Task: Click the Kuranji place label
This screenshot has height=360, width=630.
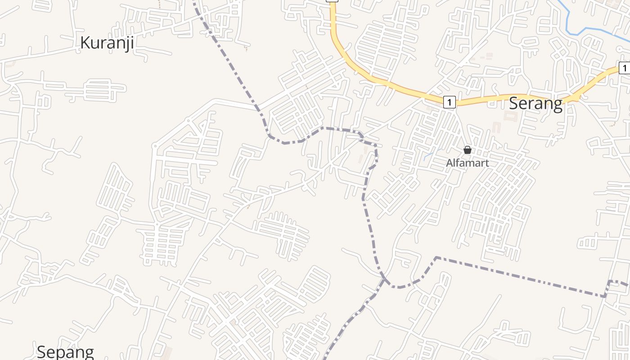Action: point(107,43)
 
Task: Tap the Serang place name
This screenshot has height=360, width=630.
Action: point(535,104)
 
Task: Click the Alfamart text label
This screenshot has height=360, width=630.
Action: point(467,163)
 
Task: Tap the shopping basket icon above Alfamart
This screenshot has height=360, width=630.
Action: point(468,150)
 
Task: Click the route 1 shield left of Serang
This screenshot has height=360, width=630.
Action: point(449,102)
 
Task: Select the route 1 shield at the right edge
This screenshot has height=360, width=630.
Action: point(624,68)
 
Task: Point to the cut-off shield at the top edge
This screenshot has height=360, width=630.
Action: point(332,1)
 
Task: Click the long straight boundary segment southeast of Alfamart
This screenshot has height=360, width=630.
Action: point(517,277)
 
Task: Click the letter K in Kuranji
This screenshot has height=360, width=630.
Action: point(85,43)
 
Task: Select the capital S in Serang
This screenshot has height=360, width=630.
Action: point(513,104)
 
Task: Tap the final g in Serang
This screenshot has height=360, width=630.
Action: point(558,106)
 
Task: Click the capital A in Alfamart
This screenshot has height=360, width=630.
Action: point(449,163)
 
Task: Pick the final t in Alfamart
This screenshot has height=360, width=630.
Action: point(486,163)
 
